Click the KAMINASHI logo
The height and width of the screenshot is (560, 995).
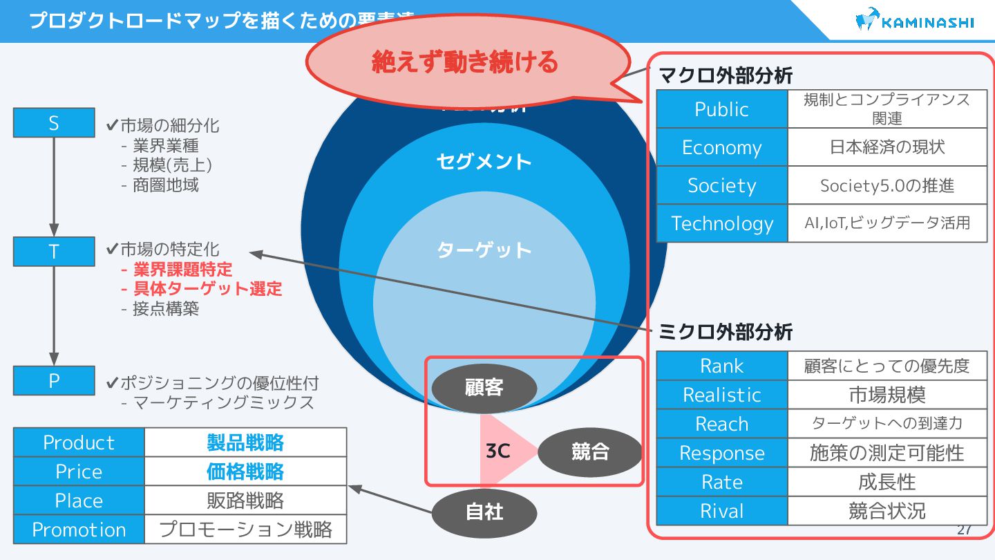(914, 21)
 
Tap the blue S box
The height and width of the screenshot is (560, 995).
(54, 123)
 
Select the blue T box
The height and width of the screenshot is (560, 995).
(54, 252)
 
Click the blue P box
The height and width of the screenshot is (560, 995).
(54, 380)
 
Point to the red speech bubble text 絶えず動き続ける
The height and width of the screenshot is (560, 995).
(464, 62)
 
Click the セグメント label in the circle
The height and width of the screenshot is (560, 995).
(484, 162)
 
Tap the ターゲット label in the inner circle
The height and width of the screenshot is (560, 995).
(484, 250)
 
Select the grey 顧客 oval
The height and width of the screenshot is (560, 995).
(484, 388)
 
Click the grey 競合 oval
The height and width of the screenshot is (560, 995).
(590, 452)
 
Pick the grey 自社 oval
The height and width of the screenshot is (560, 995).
(484, 512)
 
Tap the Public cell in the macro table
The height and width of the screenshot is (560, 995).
(722, 109)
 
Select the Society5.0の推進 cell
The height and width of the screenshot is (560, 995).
(887, 185)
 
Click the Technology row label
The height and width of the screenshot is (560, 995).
(722, 223)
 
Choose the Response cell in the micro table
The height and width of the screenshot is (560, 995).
(722, 453)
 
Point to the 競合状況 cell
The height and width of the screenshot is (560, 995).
(887, 511)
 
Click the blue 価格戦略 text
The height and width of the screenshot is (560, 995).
(245, 472)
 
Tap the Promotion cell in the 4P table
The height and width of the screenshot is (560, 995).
(79, 530)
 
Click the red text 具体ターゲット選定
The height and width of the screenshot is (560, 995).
(207, 289)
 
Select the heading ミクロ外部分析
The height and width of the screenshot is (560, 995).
(726, 333)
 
